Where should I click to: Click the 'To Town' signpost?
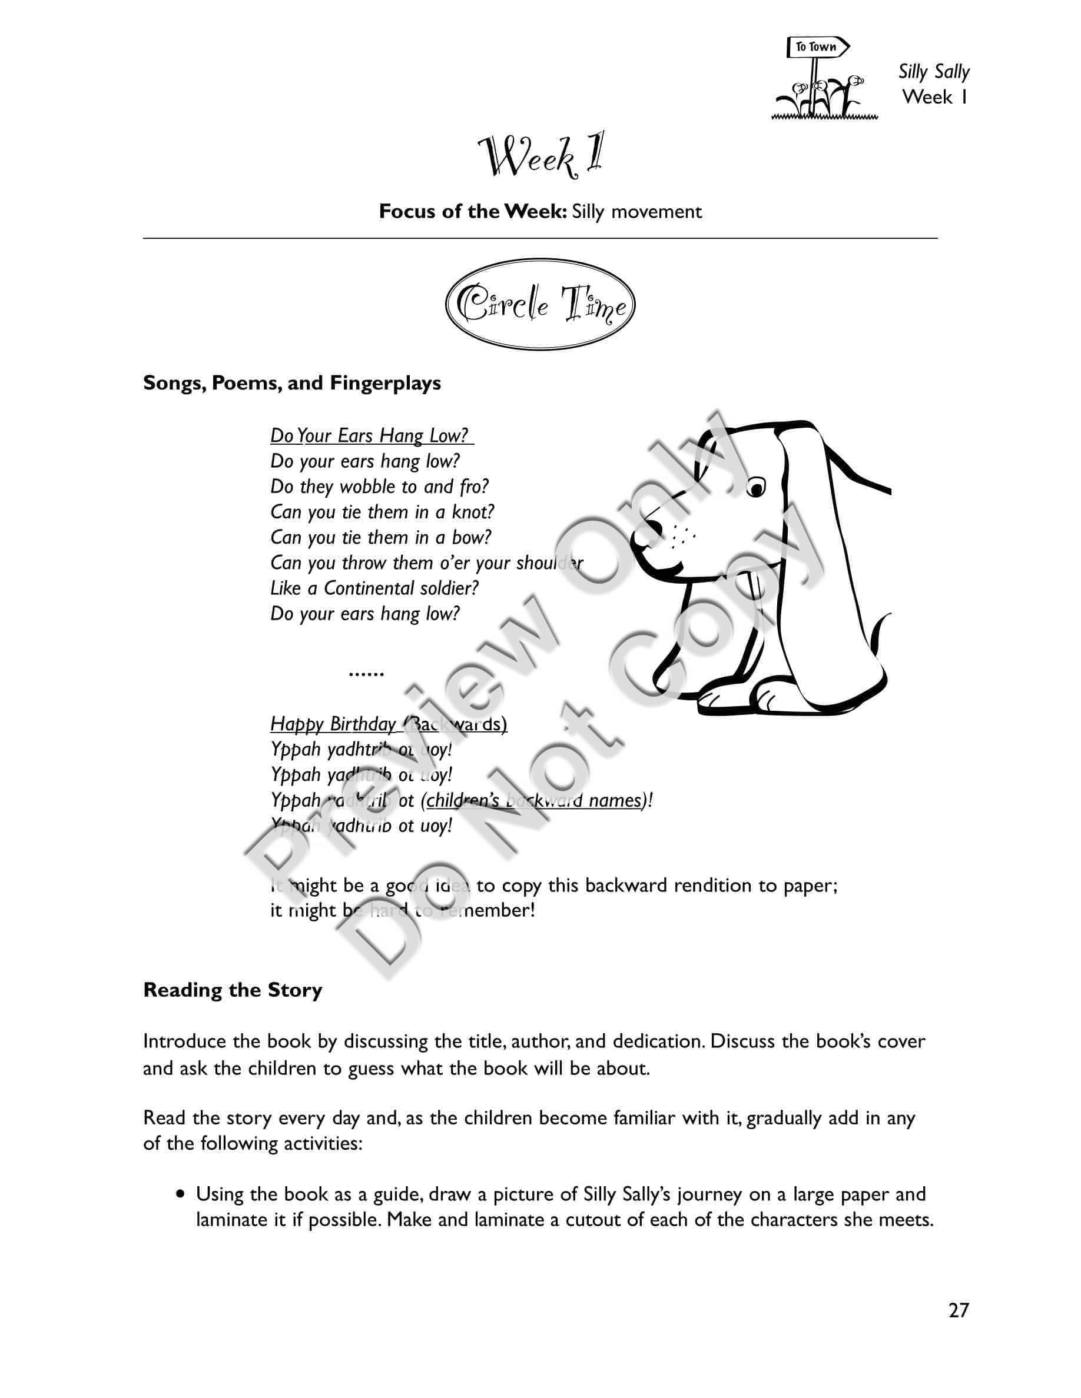(x=817, y=48)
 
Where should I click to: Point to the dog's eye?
(x=757, y=488)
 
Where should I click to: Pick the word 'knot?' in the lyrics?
(x=473, y=512)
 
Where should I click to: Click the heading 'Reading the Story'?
(x=233, y=990)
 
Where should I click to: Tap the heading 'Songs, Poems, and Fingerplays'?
(x=292, y=383)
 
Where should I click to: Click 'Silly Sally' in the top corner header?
(x=933, y=72)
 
